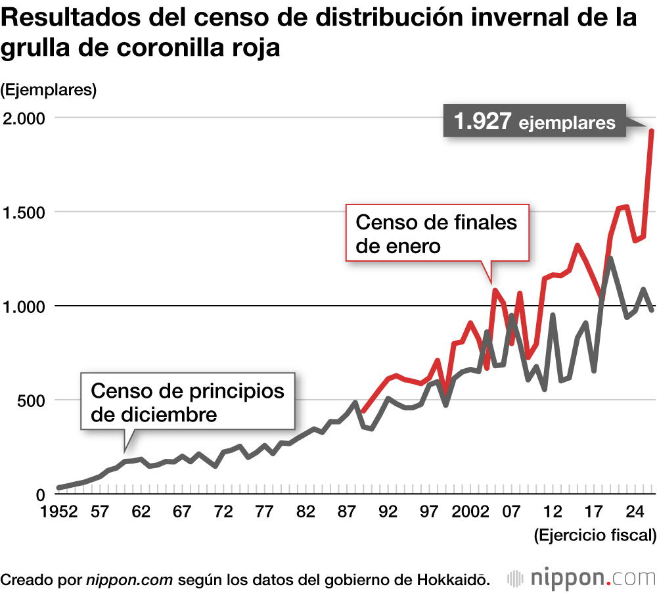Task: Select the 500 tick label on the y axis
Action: click(x=30, y=400)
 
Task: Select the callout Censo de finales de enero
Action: click(x=436, y=233)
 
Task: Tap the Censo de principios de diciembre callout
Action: click(x=187, y=402)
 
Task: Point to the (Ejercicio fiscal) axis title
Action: click(x=595, y=535)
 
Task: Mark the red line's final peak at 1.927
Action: click(x=650, y=131)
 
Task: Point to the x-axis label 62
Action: click(x=141, y=513)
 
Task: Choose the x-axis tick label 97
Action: click(x=428, y=513)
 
